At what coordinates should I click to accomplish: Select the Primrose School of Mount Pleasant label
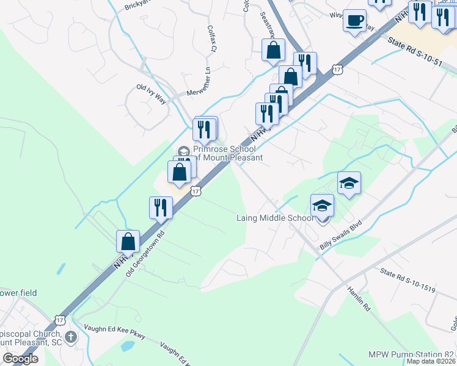(x=228, y=153)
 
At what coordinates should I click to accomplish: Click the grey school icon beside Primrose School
(x=183, y=151)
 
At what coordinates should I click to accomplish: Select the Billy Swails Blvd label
(x=342, y=235)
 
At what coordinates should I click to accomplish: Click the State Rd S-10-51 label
(x=415, y=52)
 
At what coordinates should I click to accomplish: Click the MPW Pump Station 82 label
(x=412, y=354)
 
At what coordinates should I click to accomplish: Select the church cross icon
(x=71, y=336)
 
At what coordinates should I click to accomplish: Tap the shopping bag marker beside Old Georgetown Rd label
(x=128, y=242)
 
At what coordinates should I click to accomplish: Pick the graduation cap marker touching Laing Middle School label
(x=322, y=206)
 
